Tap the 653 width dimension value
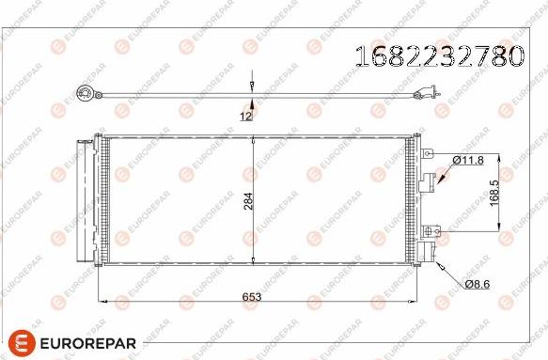point(252,296)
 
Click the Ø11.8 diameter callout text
point(467,161)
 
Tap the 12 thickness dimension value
point(245,116)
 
